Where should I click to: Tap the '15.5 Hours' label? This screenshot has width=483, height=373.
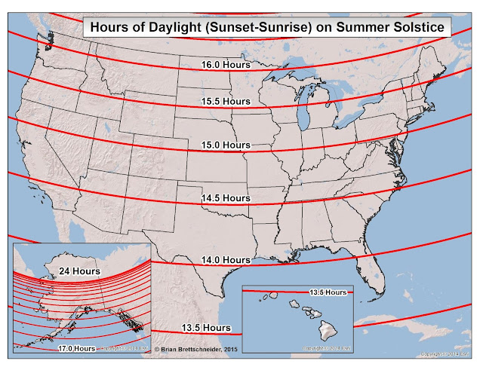click(226, 101)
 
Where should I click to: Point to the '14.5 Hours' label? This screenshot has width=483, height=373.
click(225, 197)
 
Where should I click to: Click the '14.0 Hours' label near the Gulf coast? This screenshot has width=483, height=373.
click(225, 260)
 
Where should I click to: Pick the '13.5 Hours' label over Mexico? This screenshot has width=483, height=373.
click(206, 328)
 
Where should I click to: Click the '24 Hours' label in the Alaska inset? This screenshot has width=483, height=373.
click(79, 270)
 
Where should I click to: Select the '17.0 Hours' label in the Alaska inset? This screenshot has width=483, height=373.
click(76, 348)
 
